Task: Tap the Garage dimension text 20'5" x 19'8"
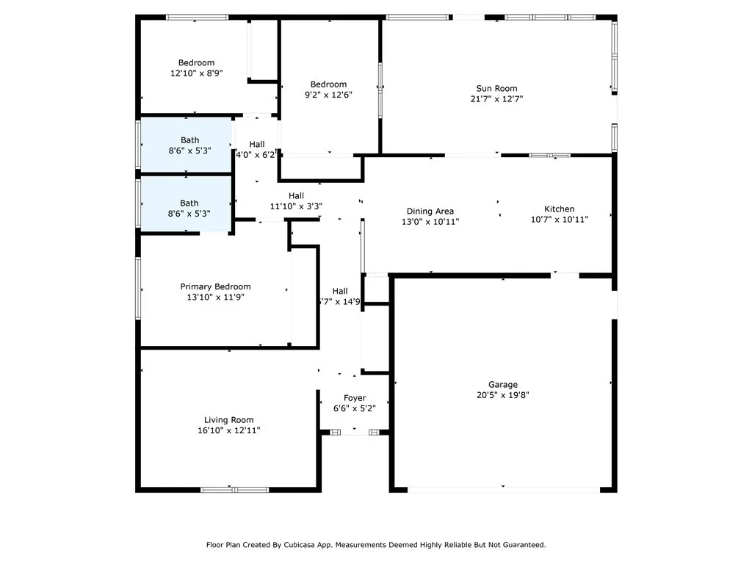pyautogui.click(x=503, y=394)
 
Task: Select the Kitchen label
pyautogui.click(x=559, y=209)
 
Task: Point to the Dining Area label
pyautogui.click(x=430, y=211)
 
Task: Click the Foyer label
pyautogui.click(x=355, y=398)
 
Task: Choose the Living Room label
pyautogui.click(x=229, y=420)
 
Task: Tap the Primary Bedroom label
pyautogui.click(x=215, y=286)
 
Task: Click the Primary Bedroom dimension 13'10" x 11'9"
pyautogui.click(x=215, y=297)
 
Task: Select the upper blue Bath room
pyautogui.click(x=187, y=145)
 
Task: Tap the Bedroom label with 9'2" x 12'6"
pyautogui.click(x=328, y=84)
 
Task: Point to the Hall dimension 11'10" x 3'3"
pyautogui.click(x=296, y=206)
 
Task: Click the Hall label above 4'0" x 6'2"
pyautogui.click(x=257, y=144)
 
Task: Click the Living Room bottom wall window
pyautogui.click(x=229, y=489)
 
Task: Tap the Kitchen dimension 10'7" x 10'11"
pyautogui.click(x=559, y=219)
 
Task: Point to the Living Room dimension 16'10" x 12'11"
pyautogui.click(x=229, y=430)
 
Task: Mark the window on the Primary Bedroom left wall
pyautogui.click(x=138, y=288)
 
